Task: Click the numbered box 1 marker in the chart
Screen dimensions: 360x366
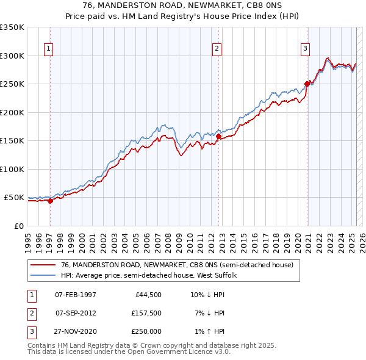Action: click(48, 49)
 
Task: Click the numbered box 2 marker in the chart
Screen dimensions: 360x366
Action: click(217, 49)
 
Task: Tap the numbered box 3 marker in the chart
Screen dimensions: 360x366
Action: click(305, 49)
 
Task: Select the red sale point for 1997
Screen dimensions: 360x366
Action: click(50, 201)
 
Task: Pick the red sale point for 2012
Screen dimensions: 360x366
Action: click(218, 137)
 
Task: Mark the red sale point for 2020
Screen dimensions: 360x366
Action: click(307, 84)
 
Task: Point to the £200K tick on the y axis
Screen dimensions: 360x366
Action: click(12, 112)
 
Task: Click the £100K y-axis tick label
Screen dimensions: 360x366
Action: click(12, 169)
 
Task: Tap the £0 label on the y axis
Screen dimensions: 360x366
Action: click(18, 226)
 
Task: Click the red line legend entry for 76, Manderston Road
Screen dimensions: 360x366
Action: click(177, 265)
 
